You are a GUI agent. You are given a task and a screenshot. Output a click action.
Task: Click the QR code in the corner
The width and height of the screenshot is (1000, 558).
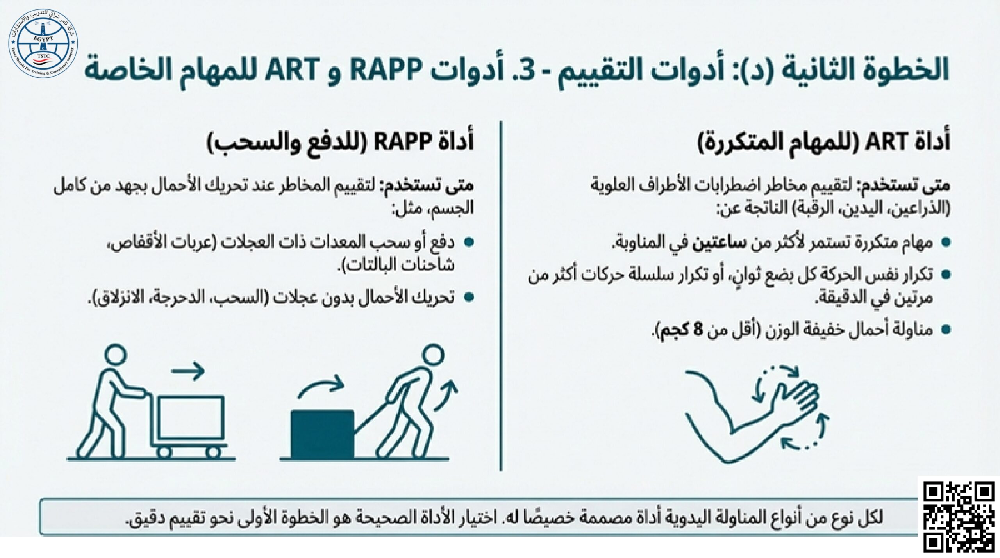coord(958,517)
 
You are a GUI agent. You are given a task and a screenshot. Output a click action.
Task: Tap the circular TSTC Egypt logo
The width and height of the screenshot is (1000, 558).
coord(43,43)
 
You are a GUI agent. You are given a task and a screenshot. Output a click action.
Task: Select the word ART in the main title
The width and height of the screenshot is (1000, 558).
coord(292,70)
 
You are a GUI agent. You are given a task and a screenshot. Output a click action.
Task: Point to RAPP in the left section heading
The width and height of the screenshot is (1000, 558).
coord(403,141)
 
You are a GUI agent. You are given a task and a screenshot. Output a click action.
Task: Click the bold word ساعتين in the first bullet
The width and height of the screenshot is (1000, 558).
coord(719,243)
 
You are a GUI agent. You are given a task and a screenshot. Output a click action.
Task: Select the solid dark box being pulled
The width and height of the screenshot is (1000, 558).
coord(323,434)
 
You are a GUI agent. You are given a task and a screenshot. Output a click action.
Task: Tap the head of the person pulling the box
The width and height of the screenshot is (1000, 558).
coord(433,356)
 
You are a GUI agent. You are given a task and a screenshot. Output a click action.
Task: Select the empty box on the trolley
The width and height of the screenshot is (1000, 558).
coord(191,417)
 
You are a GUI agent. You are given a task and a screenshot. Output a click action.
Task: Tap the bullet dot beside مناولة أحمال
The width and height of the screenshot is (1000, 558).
coord(946,330)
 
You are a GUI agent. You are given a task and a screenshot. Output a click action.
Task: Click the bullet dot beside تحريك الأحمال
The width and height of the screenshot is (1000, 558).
coord(469,298)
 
